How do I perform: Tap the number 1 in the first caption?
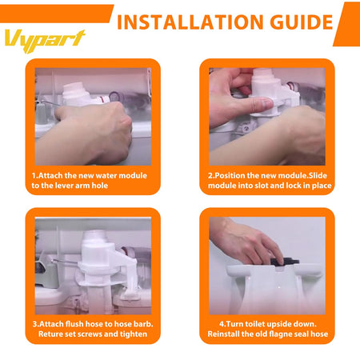[x=34, y=174]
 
